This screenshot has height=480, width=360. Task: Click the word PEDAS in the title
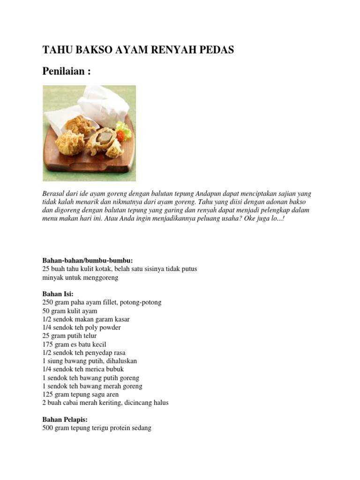[x=217, y=50]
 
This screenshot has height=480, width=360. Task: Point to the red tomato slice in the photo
[x=121, y=136]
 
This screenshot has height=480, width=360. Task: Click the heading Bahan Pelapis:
[x=65, y=420]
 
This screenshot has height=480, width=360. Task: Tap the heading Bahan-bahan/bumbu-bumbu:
[x=88, y=260]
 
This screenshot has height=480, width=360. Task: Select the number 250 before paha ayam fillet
[x=48, y=302]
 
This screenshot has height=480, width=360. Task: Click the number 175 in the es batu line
[x=48, y=344]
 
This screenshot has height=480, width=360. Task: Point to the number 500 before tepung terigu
[x=48, y=428]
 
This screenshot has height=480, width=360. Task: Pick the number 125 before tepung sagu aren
[x=48, y=394]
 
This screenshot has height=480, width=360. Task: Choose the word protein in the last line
[x=121, y=428]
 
